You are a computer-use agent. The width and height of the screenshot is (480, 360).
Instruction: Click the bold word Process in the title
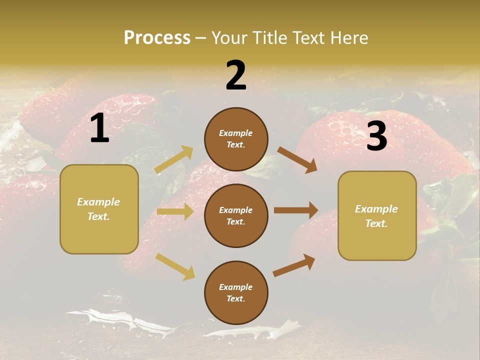(157, 38)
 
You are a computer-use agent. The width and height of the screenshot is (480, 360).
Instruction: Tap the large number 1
(99, 128)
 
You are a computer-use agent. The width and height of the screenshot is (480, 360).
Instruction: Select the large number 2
(236, 75)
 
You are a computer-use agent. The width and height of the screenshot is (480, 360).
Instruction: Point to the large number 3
(376, 136)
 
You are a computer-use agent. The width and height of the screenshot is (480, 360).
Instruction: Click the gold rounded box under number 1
(99, 209)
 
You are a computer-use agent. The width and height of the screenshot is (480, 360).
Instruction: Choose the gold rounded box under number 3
(377, 215)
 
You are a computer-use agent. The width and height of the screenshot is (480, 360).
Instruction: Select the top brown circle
(236, 138)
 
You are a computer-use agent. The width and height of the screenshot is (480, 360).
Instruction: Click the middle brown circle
(236, 215)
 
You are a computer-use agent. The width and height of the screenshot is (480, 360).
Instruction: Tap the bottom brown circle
(236, 292)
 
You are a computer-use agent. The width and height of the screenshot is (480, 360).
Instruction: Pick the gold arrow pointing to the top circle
(174, 159)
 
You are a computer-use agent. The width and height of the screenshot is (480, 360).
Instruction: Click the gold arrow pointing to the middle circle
(174, 211)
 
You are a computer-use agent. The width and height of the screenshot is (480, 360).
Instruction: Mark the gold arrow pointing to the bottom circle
(175, 266)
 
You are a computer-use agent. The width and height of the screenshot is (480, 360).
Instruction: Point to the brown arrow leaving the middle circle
(296, 210)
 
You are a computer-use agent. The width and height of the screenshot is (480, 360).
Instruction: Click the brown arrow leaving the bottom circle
(294, 265)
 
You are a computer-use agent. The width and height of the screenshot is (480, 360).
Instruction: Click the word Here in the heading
(349, 38)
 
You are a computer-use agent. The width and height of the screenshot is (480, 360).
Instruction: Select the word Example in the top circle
(236, 133)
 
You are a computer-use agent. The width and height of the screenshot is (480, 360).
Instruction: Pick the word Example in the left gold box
(98, 202)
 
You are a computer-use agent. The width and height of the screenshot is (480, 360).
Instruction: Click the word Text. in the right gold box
(376, 223)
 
